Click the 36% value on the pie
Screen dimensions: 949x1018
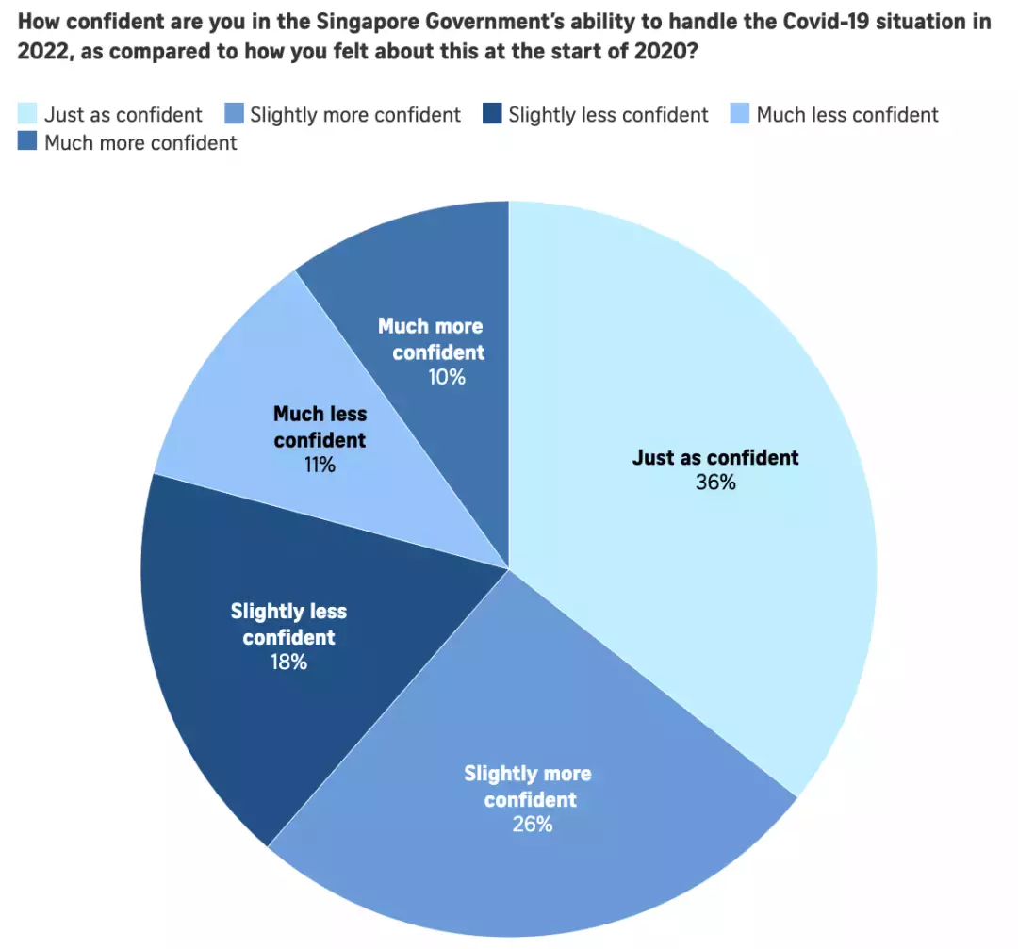coord(715,483)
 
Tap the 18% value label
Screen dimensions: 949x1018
coord(288,662)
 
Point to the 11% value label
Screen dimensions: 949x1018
coord(320,465)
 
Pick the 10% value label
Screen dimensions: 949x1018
coord(446,377)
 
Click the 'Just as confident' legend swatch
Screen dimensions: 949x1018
coord(27,115)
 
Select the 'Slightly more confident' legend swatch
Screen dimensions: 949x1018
coord(234,115)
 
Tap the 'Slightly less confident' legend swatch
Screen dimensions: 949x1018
coord(492,115)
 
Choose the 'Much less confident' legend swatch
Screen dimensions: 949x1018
coord(741,115)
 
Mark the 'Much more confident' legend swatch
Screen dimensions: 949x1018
coord(27,142)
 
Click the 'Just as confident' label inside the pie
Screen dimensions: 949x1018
coord(715,458)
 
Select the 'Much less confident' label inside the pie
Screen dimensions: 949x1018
coord(320,426)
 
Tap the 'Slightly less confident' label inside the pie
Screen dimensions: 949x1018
coord(288,624)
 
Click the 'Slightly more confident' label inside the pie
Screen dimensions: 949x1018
coord(529,786)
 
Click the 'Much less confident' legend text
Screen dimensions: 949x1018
coord(847,115)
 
